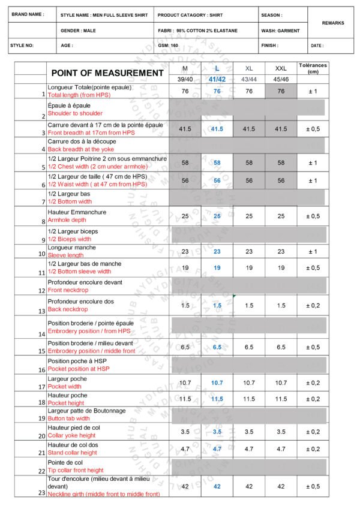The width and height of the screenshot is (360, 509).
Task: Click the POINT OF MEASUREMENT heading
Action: click(x=107, y=73)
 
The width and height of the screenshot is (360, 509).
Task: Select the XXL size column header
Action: click(x=281, y=68)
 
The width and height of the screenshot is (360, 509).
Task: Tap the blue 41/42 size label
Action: click(x=217, y=79)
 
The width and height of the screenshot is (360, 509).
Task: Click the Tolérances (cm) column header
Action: click(x=312, y=68)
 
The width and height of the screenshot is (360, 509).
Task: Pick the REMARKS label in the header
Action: click(x=333, y=23)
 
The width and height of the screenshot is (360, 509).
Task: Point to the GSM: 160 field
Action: click(x=169, y=45)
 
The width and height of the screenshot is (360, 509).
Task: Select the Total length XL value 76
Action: click(x=249, y=91)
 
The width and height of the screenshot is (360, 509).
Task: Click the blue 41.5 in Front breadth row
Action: click(x=217, y=129)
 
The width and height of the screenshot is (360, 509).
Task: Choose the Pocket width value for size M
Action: click(x=185, y=382)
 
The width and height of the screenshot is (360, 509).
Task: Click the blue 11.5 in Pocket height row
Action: click(x=217, y=399)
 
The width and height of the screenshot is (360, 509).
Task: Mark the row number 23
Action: click(x=41, y=493)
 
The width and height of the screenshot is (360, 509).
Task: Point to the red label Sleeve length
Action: click(x=65, y=255)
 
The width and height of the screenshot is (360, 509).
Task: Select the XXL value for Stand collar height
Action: click(x=281, y=448)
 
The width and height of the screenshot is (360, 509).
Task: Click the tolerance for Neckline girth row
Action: click(x=312, y=486)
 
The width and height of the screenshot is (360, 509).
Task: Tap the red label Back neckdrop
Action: click(x=67, y=309)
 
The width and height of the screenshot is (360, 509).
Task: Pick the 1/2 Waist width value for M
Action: click(x=185, y=180)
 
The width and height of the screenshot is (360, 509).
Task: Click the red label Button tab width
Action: click(x=68, y=418)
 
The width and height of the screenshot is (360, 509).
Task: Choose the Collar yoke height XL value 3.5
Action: click(x=249, y=432)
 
